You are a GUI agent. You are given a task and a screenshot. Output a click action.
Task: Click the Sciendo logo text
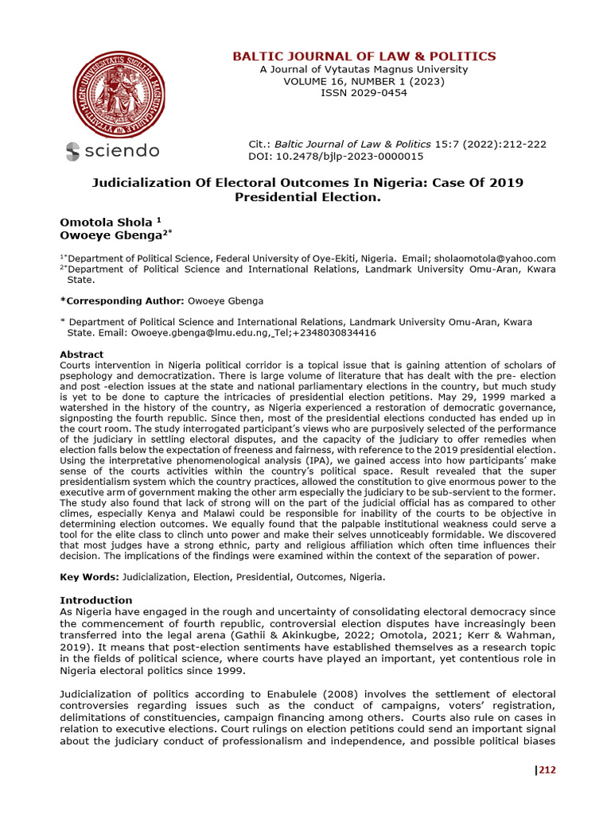112,150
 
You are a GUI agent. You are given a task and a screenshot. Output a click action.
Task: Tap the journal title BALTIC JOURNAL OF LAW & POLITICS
364,56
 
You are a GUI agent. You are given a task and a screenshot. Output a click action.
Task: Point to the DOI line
337,156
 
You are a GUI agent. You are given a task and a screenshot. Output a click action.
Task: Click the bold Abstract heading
82,355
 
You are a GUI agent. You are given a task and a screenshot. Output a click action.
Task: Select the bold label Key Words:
88,576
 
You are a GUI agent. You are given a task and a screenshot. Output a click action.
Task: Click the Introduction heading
96,599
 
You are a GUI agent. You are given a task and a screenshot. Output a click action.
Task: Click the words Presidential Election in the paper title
308,196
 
